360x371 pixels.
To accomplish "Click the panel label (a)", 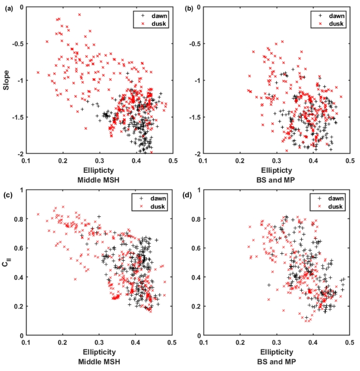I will coord(8,8).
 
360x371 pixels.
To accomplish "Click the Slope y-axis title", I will coord(6,80).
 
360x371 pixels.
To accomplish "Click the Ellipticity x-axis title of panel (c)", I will coord(99,352).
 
